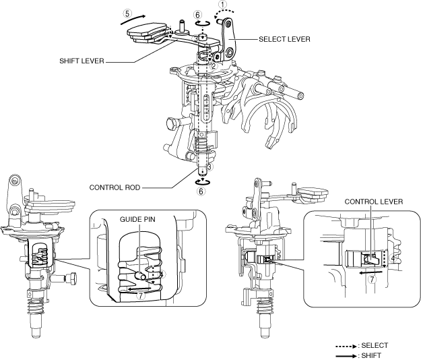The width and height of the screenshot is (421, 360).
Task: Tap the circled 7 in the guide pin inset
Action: point(140,297)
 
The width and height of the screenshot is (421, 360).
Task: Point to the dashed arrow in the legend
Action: point(348,345)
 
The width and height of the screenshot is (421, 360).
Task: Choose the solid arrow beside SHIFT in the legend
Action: point(348,354)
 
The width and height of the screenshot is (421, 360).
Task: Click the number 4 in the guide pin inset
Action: point(162,274)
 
